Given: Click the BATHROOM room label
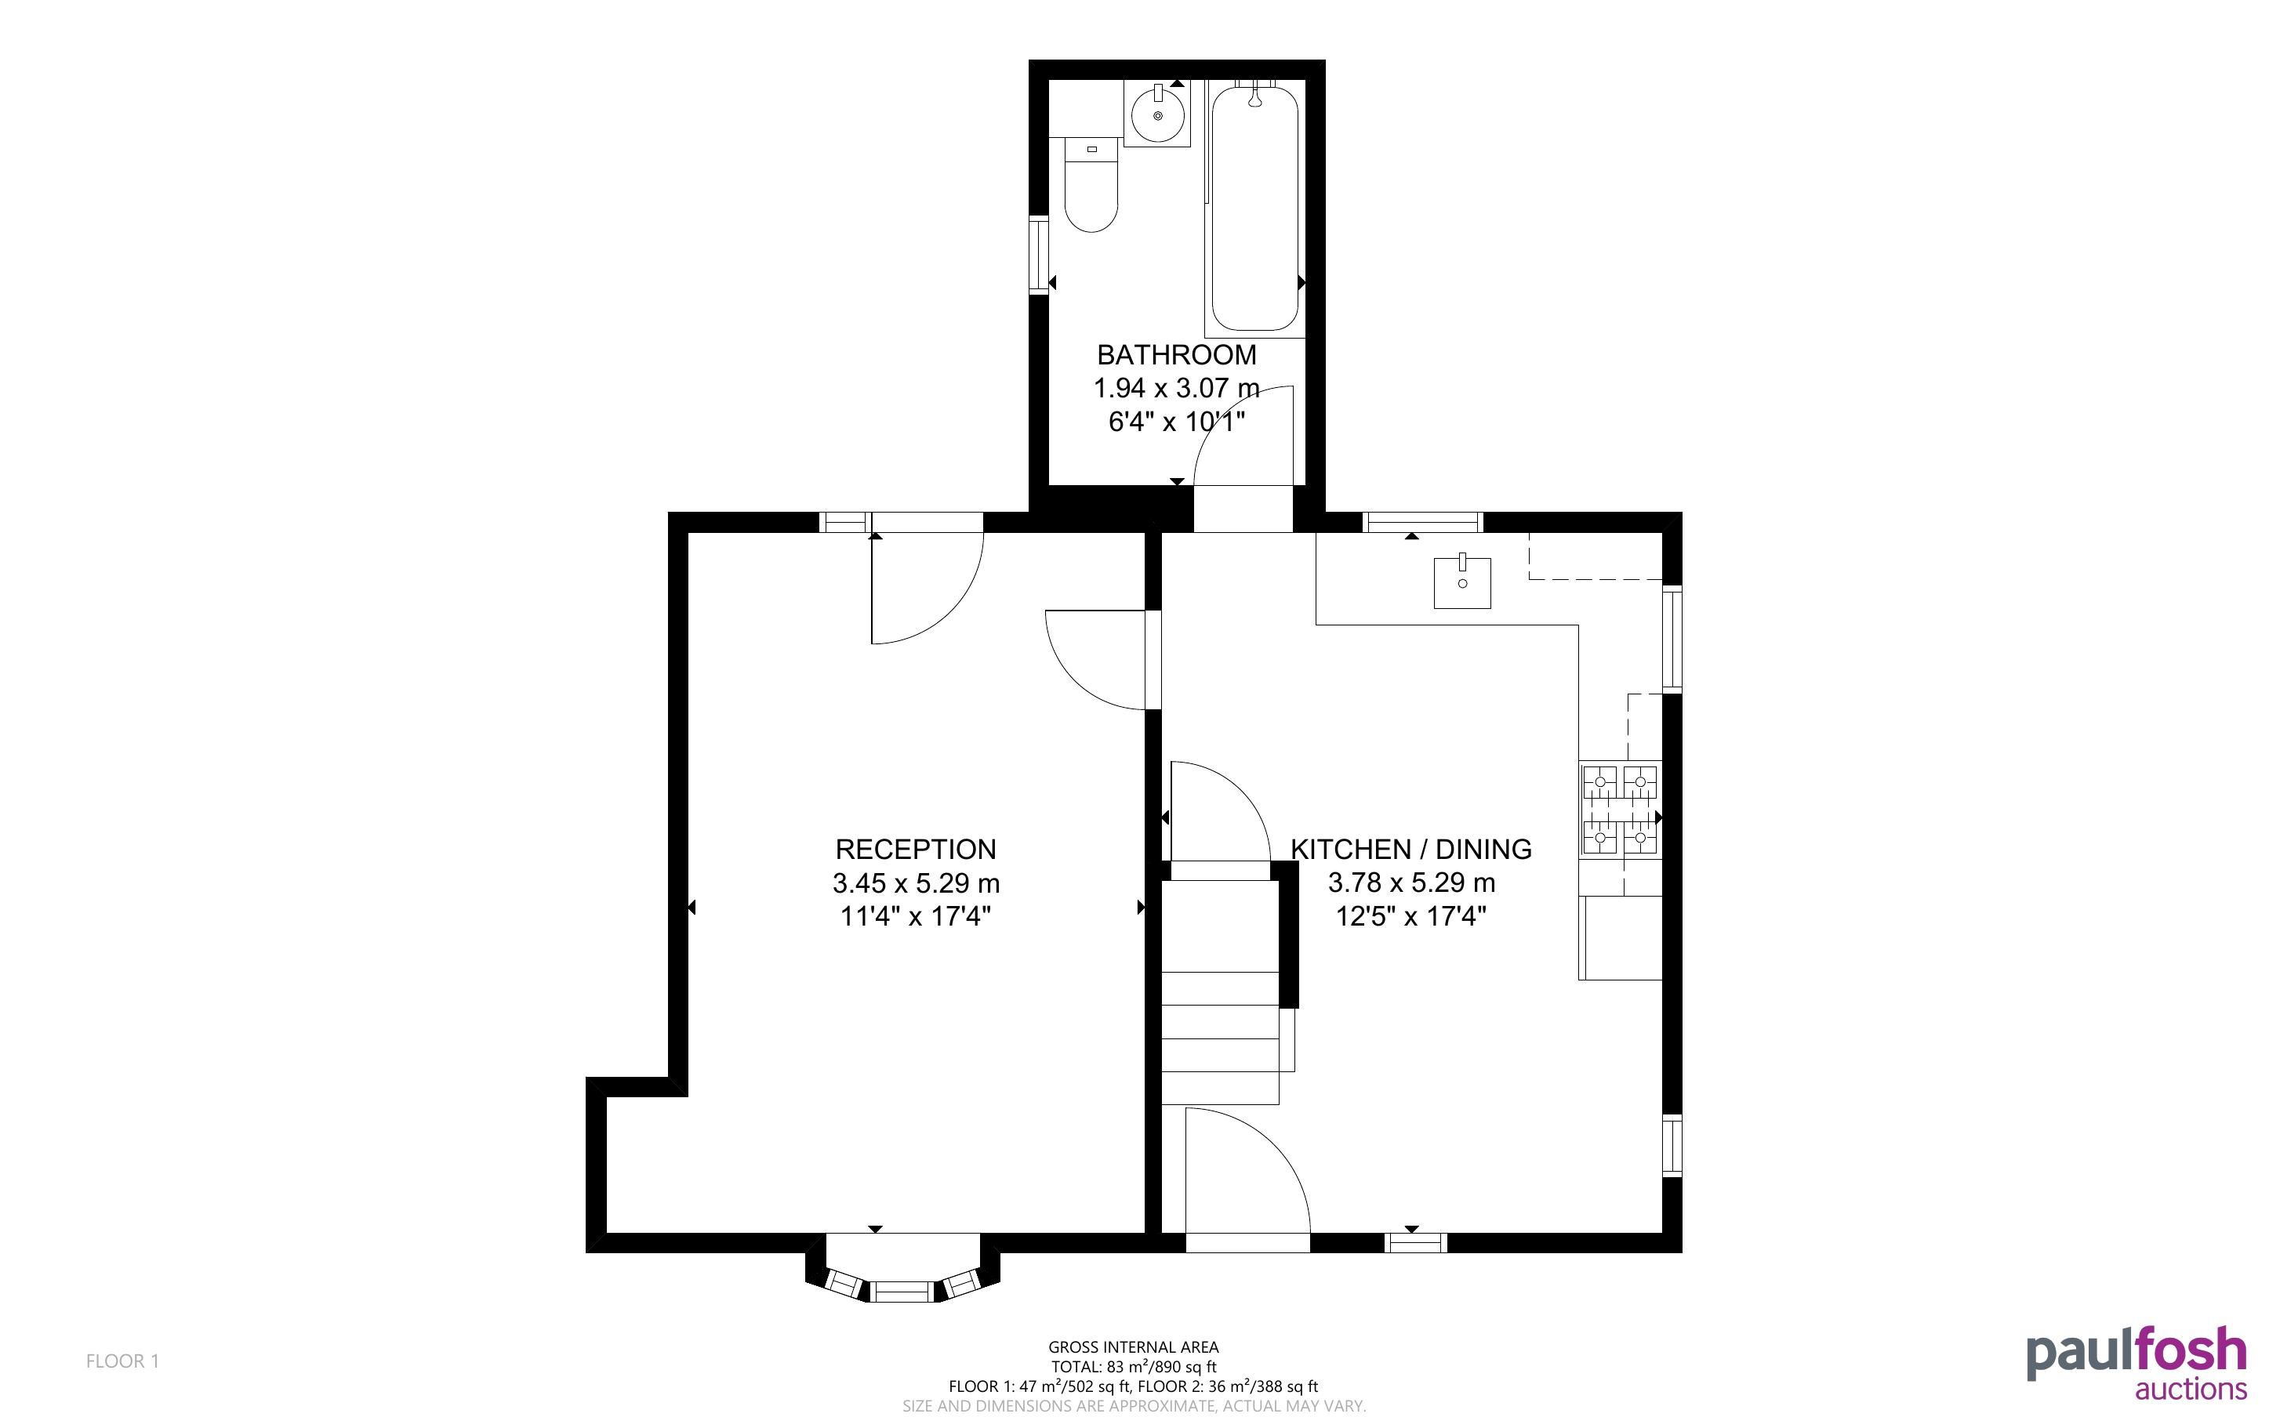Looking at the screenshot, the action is tap(1176, 355).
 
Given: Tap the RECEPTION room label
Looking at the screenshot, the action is tap(916, 849).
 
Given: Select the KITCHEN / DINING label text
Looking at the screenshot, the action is tap(1411, 849).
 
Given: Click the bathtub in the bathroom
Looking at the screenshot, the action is tap(1255, 208).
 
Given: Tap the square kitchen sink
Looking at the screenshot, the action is tap(1462, 582).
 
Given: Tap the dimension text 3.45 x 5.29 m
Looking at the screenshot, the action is tap(916, 882).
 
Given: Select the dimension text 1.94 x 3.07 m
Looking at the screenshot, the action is tap(1176, 388).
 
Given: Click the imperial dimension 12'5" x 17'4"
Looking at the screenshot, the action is tap(1411, 915).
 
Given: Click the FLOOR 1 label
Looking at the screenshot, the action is tap(123, 1361).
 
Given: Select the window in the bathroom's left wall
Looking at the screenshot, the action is tap(1038, 255).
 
